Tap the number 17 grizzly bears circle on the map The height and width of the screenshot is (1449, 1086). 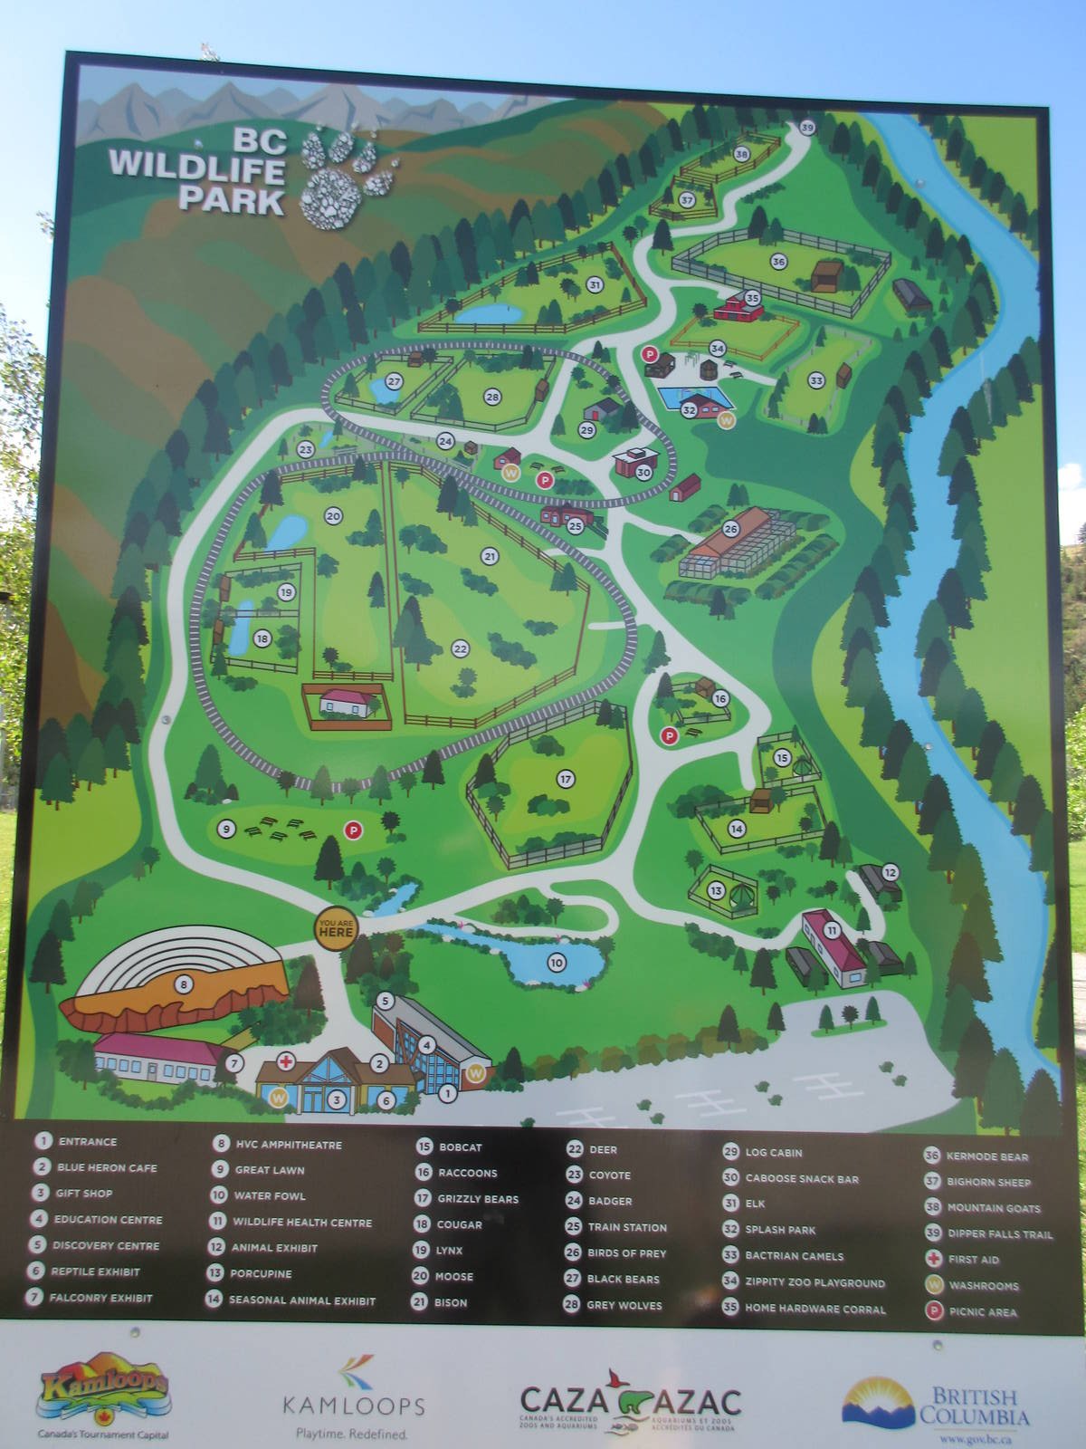click(566, 779)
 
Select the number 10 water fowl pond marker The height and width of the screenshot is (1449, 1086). click(556, 962)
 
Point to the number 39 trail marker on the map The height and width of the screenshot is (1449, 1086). click(807, 128)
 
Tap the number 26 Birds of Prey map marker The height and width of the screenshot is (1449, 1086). click(730, 529)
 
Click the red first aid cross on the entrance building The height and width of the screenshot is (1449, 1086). click(286, 1060)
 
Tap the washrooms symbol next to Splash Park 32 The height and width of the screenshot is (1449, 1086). click(725, 419)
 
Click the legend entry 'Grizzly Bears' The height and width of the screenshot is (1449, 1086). click(477, 1199)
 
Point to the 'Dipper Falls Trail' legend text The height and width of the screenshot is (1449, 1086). click(987, 1233)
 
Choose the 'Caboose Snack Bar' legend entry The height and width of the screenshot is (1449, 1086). click(802, 1179)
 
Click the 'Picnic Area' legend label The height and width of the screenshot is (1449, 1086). click(983, 1311)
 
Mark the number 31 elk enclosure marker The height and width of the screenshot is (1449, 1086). click(594, 285)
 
